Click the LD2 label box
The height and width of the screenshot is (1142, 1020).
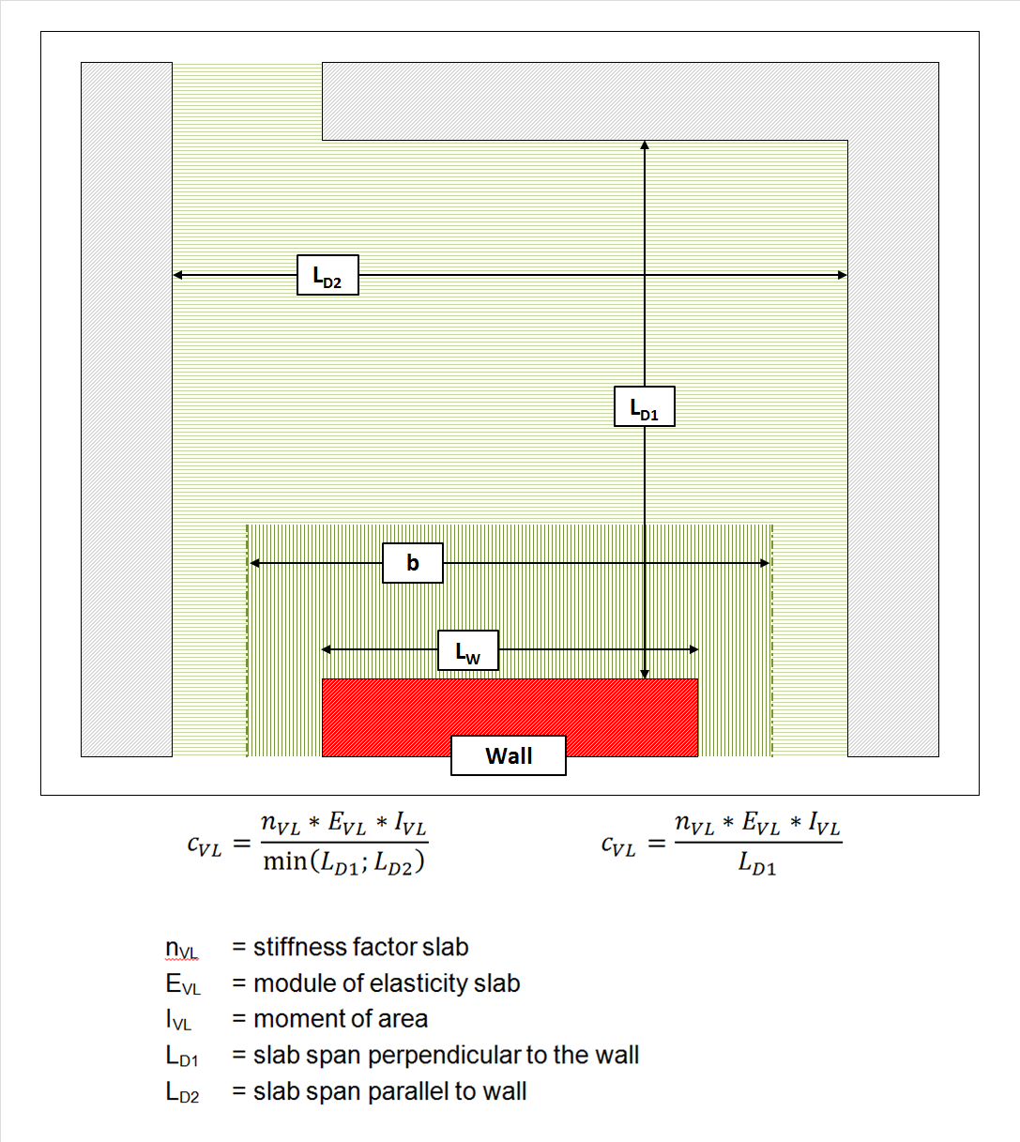pos(327,275)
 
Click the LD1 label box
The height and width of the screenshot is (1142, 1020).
pos(645,406)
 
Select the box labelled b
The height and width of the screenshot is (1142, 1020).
pos(413,563)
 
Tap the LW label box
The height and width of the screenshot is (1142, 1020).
pos(468,650)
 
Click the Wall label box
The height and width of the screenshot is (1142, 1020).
pos(509,755)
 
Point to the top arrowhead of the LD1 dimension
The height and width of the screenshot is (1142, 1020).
pos(645,145)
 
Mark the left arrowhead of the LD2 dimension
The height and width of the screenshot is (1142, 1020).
pos(177,275)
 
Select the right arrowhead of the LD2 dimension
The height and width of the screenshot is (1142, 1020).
pos(843,275)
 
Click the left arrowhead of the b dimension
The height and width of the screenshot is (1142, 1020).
pos(254,563)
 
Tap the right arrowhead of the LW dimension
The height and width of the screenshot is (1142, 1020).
pos(694,649)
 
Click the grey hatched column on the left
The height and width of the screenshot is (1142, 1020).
pos(127,409)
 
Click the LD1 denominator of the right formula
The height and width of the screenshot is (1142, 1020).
pos(757,863)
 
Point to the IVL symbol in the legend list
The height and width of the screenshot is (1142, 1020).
pos(178,1020)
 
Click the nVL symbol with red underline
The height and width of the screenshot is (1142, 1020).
pos(181,949)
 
